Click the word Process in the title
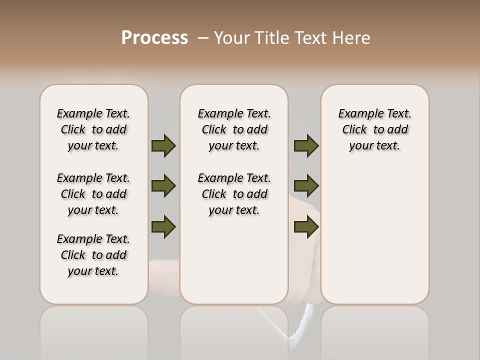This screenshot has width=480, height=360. [x=154, y=37]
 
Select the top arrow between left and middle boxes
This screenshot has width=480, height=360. [x=163, y=145]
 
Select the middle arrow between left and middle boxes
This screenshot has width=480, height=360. [x=163, y=186]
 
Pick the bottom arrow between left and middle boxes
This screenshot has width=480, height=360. [x=163, y=226]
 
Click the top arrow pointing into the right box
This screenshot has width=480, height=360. [x=306, y=145]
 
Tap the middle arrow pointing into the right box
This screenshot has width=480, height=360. [x=306, y=186]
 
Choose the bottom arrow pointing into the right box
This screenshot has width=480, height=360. [x=306, y=226]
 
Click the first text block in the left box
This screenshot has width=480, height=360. [x=93, y=129]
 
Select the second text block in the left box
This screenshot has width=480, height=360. [x=93, y=194]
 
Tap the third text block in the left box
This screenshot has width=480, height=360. [x=93, y=255]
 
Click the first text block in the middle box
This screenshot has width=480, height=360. [x=234, y=129]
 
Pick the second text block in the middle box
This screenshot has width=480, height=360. [x=234, y=194]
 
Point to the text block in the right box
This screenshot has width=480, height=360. [x=374, y=129]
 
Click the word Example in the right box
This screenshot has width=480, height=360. [x=357, y=114]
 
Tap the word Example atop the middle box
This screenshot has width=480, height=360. [x=216, y=114]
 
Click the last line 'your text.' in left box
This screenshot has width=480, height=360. [x=93, y=271]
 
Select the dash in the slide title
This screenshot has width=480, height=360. [x=203, y=37]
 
